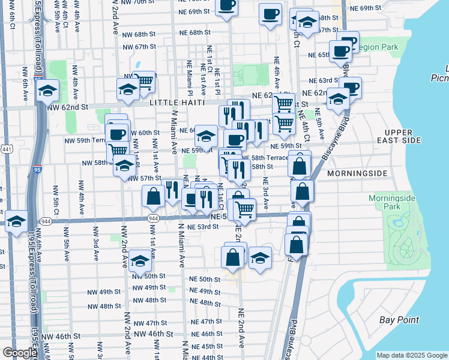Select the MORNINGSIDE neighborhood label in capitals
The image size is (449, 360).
(x=359, y=173)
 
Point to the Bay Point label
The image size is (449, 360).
(x=400, y=320)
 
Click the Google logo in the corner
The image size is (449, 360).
(x=20, y=353)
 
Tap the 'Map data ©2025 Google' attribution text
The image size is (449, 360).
(x=412, y=355)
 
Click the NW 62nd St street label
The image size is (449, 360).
(x=67, y=107)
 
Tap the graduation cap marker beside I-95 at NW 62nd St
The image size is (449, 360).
(x=47, y=91)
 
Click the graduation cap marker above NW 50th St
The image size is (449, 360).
(x=140, y=260)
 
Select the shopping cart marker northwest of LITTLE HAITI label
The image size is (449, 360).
(x=143, y=81)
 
